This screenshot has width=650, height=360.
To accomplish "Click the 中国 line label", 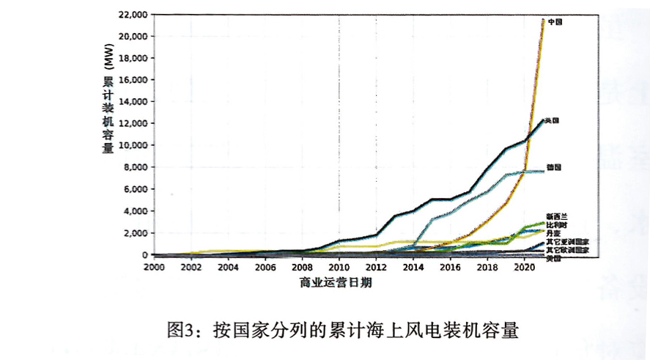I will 555,22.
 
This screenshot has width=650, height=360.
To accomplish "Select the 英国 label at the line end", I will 553,121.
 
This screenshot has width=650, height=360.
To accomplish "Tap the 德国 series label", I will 554,167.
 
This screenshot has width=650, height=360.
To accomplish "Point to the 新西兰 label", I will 557,216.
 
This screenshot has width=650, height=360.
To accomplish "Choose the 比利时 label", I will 557,224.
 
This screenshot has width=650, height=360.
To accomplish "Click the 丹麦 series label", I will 554,232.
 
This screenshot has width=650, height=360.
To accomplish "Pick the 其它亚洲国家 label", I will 568,241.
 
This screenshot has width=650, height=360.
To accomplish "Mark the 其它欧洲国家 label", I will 568,250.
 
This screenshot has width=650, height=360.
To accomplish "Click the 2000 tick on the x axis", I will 153,266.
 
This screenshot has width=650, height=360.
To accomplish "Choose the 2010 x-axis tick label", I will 339,266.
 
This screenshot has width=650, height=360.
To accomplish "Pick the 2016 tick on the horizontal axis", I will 451,266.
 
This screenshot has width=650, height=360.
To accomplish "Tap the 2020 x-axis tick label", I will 525,266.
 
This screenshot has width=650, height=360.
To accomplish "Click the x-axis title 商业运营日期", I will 336,282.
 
